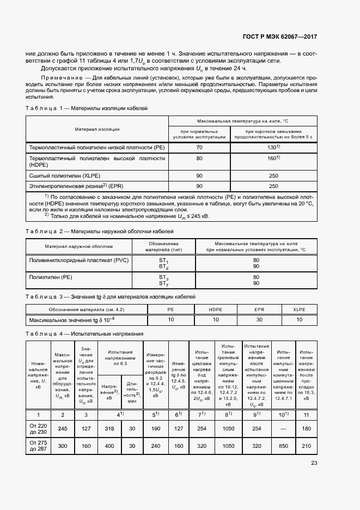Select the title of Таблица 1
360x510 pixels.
pos(87,108)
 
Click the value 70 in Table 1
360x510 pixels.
pos(199,147)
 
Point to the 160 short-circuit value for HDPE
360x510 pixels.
pos(270,158)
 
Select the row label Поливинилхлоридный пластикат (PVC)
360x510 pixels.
pos(78,260)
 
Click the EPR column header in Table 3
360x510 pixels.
pos(259,309)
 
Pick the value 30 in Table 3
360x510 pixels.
pos(259,319)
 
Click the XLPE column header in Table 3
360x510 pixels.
pos(299,309)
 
